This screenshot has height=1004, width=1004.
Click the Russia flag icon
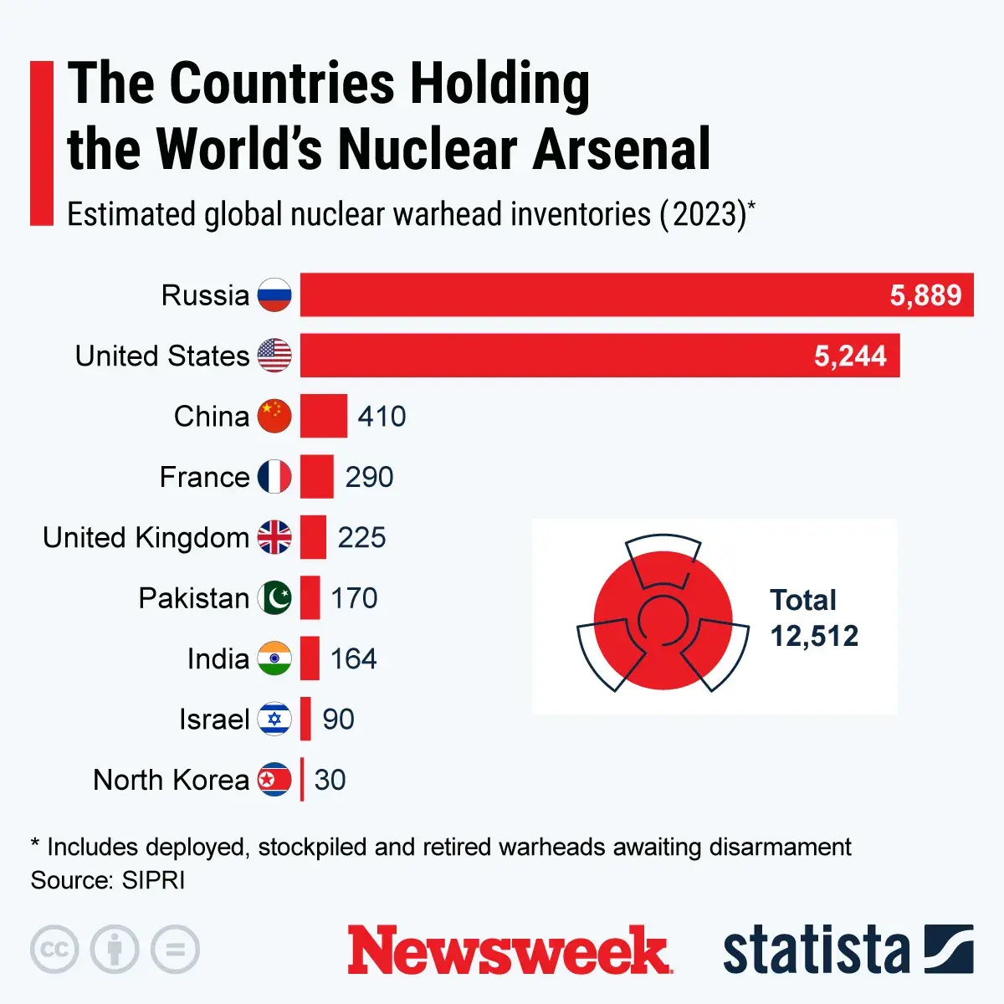pos(274,295)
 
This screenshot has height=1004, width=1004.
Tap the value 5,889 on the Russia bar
pos(925,295)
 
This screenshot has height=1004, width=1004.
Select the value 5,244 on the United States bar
pos(850,356)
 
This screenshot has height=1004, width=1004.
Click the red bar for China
pos(324,416)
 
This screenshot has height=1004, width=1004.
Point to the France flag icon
pos(274,477)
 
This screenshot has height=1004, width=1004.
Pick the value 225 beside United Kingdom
pos(361,537)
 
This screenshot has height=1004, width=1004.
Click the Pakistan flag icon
pos(274,598)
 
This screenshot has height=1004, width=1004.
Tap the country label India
pos(218,659)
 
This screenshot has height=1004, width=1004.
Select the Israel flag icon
pos(274,720)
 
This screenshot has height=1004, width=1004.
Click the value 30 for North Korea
pos(330,780)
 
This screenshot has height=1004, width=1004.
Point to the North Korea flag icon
pos(274,780)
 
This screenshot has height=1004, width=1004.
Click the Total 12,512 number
pos(814,637)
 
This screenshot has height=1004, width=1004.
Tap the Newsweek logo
pos(509,950)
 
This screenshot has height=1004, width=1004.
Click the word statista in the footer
pos(816,950)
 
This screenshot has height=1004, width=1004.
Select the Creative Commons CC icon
pos(54,950)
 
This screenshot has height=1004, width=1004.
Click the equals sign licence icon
pos(175,950)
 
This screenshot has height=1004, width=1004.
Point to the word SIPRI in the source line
pos(153,881)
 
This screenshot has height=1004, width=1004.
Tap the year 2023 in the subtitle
pos(702,215)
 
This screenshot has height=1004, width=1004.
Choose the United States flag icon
pos(274,356)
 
